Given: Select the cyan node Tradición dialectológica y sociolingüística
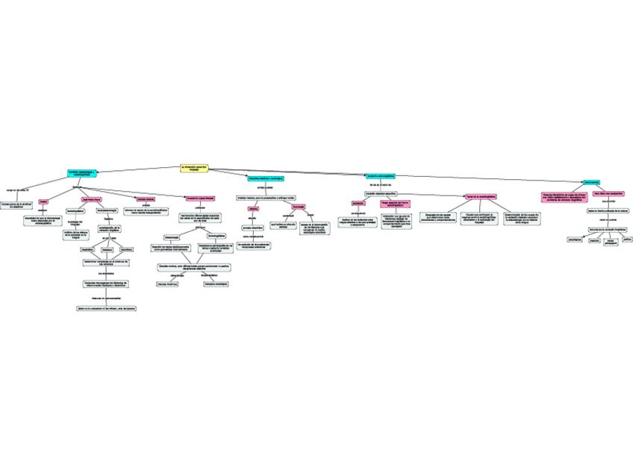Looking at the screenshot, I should point(83,172).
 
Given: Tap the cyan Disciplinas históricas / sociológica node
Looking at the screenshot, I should point(265,178).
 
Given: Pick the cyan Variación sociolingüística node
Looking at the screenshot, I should point(380,176).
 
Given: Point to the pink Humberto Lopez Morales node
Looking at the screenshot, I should point(200,198).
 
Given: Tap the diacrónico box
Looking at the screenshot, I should point(126,249).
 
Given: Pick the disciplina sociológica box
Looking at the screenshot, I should point(216,284).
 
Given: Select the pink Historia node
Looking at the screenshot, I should point(253,208).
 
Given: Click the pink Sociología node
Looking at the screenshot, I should point(298,206).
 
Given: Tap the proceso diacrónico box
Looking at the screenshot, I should point(252,228).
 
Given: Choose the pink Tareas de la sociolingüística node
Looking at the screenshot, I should point(481,197).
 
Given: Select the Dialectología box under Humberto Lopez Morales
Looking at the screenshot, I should point(172,237).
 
